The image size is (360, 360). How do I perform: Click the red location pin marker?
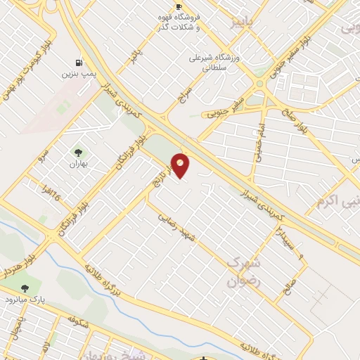click(181, 165)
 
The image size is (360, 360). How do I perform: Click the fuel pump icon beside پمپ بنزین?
click(77, 61)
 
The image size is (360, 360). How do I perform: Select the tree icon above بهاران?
click(77, 152)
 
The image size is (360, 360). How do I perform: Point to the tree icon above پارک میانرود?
click(25, 288)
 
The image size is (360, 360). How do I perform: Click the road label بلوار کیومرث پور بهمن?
click(28, 67)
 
